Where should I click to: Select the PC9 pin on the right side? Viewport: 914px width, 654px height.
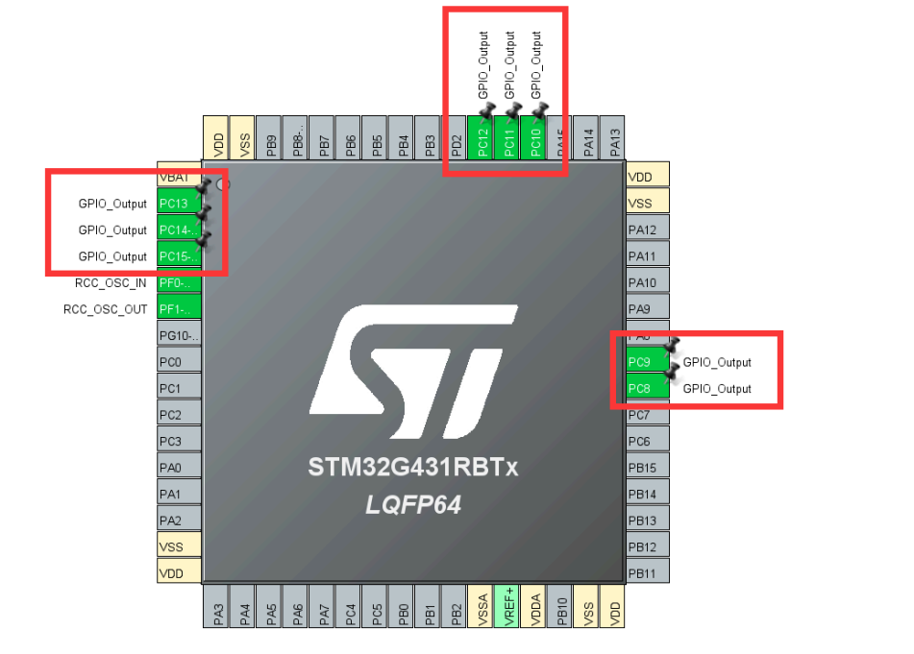(x=640, y=362)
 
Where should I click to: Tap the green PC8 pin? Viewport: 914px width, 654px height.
(x=640, y=388)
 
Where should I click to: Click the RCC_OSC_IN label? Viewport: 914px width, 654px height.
(x=111, y=283)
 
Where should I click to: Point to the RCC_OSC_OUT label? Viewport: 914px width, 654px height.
(x=106, y=309)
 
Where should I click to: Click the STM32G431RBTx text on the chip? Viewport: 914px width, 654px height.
(x=413, y=468)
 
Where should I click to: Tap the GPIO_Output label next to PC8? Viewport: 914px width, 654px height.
(x=717, y=389)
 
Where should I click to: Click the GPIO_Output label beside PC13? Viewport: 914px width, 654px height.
(x=112, y=204)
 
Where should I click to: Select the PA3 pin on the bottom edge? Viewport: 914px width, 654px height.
(x=218, y=608)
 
